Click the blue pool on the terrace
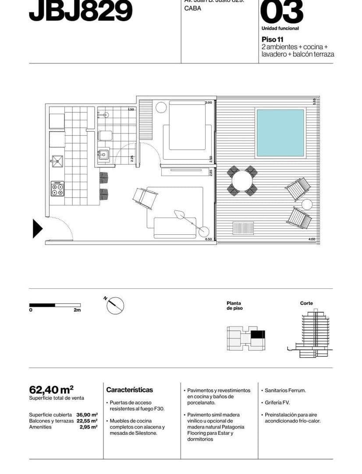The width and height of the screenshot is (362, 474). click(x=280, y=133)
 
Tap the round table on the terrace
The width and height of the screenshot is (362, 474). click(x=242, y=180)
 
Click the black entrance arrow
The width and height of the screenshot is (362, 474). click(x=37, y=229)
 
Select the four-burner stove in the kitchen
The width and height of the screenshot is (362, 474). click(x=57, y=189)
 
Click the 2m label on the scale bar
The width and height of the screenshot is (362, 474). click(x=77, y=310)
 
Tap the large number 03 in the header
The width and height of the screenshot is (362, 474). click(x=281, y=12)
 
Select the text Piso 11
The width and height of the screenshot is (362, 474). click(x=273, y=39)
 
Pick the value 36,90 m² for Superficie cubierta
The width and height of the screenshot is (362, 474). click(x=87, y=415)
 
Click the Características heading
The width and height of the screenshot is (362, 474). click(x=130, y=390)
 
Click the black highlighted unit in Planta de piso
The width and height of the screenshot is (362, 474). click(x=258, y=334)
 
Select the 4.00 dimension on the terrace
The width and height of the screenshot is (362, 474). click(x=312, y=239)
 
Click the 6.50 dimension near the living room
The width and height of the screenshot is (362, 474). click(x=208, y=239)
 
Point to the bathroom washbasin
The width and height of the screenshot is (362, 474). click(x=104, y=154)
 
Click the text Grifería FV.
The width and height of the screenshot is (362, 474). click(x=277, y=402)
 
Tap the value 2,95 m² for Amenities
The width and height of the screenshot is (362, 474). click(x=88, y=427)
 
